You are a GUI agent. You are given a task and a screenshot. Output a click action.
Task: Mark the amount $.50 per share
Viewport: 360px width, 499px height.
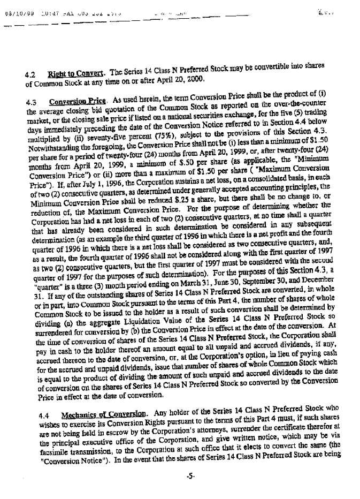click(152, 159)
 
